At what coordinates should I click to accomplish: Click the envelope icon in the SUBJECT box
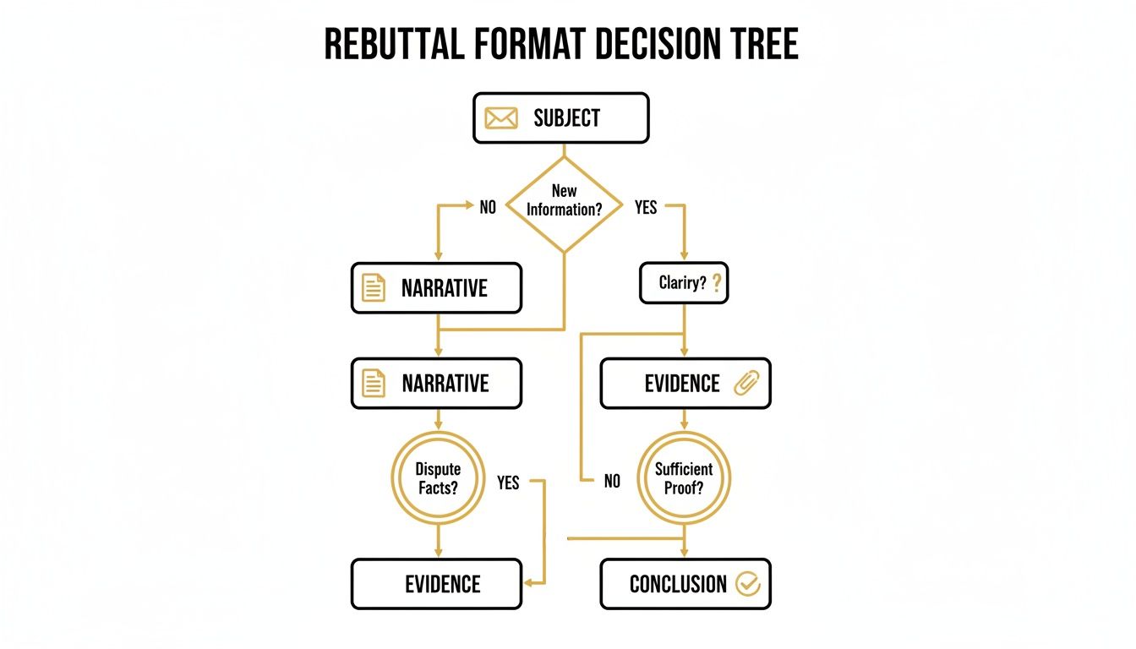coord(500,118)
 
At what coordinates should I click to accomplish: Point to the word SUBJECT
coord(566,118)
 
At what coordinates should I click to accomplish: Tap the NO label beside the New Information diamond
coord(488,207)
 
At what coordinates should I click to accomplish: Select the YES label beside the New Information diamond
coord(645,207)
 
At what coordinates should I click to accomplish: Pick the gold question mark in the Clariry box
coord(717,283)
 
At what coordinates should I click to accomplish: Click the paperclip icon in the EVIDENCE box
coord(746,383)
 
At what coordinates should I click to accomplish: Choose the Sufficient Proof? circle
coord(683,478)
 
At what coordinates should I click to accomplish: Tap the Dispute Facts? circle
coord(437,478)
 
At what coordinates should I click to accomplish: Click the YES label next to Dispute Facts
coord(508,483)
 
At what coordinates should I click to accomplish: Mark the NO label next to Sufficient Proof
coord(612,481)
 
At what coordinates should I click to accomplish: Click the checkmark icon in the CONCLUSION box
coord(748,583)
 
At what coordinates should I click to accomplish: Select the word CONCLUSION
coord(678,584)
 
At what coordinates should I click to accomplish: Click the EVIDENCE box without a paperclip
coord(436,584)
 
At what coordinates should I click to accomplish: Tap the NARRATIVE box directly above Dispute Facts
coord(436,384)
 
